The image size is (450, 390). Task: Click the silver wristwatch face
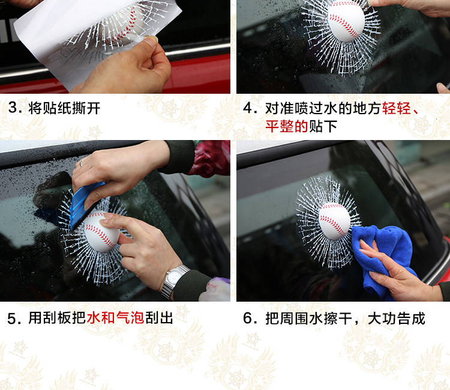pyautogui.click(x=174, y=278)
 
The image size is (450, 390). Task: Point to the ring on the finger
pyautogui.click(x=81, y=163)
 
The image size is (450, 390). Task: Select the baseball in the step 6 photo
pyautogui.click(x=334, y=221)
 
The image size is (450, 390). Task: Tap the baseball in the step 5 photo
pyautogui.click(x=101, y=231)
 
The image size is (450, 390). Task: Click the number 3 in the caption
pyautogui.click(x=13, y=108)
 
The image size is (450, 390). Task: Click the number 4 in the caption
pyautogui.click(x=247, y=108)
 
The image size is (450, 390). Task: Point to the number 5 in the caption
pyautogui.click(x=12, y=318)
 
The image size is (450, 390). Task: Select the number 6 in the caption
pyautogui.click(x=247, y=318)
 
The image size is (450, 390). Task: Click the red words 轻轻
pyautogui.click(x=397, y=108)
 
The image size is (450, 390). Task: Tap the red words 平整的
pyautogui.click(x=287, y=126)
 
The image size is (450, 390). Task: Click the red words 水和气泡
pyautogui.click(x=115, y=318)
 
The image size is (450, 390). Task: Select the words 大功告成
pyautogui.click(x=397, y=318)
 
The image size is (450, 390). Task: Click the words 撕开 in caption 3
pyautogui.click(x=86, y=108)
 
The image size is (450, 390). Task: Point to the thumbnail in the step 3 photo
pyautogui.click(x=151, y=40)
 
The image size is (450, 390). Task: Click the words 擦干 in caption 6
pyautogui.click(x=338, y=318)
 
